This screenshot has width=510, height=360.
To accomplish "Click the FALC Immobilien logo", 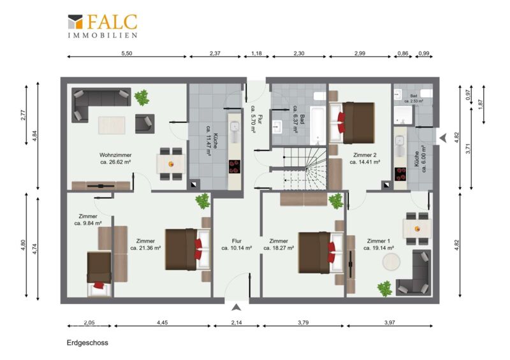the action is (103, 26).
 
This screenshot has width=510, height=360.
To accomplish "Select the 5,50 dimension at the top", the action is (127, 54).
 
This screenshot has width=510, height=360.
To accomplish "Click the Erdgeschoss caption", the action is (87, 343).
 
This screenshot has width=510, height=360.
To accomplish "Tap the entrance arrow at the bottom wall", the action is (237, 307).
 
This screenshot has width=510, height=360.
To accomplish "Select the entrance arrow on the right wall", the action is (442, 138).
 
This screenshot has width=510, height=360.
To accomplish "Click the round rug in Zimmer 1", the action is (391, 262).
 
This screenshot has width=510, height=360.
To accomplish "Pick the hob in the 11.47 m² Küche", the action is (234, 166).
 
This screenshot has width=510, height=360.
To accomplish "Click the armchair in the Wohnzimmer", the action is (145, 123).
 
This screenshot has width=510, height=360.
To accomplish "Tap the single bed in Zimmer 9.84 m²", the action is (99, 274).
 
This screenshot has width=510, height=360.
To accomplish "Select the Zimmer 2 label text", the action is (365, 155).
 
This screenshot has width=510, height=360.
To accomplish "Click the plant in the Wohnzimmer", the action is (142, 97).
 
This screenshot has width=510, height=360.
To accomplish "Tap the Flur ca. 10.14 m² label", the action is (237, 244).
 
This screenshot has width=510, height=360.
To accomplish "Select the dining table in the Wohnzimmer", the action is (171, 164).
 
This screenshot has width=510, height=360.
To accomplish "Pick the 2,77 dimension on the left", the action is (23, 115).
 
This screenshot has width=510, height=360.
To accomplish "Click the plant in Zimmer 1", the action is (385, 289).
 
